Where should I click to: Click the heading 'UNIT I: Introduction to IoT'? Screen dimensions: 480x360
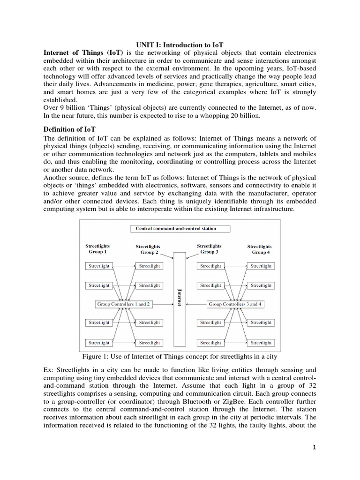[x=180, y=45]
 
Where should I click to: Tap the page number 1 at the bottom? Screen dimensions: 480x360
[x=315, y=447]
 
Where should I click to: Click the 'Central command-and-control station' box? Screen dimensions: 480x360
[x=180, y=229]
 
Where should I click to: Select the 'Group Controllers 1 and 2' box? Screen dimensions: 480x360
[x=124, y=304]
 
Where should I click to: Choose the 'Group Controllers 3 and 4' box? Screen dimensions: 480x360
[x=235, y=304]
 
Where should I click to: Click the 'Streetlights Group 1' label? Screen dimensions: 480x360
[x=98, y=248]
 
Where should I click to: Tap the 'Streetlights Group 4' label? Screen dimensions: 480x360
[x=259, y=249]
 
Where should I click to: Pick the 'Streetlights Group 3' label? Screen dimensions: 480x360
[x=209, y=248]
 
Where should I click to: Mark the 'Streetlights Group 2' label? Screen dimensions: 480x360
[x=148, y=249]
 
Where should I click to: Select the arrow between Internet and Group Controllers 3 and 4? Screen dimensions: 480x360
[x=196, y=304]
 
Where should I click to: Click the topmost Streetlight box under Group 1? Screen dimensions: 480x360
[x=99, y=266]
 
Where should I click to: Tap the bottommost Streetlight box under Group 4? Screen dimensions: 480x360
[x=261, y=343]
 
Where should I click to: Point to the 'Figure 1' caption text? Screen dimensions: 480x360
[x=180, y=357]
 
